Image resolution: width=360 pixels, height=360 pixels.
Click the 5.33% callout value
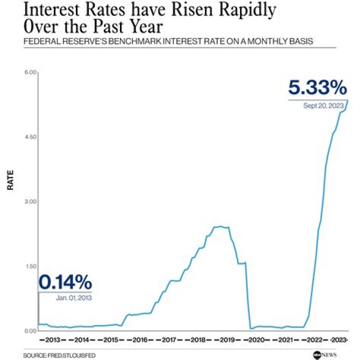coord(317,88)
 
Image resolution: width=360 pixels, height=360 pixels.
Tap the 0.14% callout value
coord(65,282)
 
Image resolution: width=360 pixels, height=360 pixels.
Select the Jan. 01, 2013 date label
coord(74,297)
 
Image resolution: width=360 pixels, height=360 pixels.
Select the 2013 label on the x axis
coord(52,340)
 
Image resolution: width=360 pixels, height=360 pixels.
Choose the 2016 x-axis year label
coord(140,340)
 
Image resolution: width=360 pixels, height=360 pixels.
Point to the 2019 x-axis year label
coord(227,340)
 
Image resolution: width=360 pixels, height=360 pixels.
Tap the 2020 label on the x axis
coord(256,340)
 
